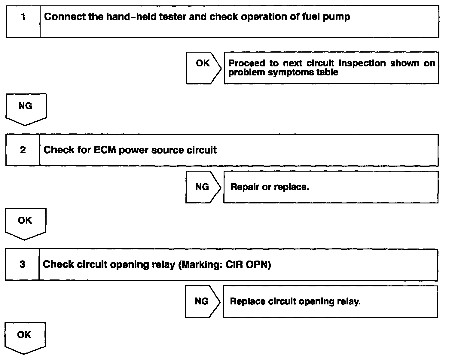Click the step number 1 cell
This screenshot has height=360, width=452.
pos(23,21)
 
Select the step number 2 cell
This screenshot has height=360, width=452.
pos(23,150)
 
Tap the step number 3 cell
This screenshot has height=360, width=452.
pos(22,264)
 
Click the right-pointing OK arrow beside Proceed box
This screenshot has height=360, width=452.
pos(203,68)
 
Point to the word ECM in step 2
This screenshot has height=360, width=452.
pos(105,150)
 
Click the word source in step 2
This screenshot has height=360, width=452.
pos(168,150)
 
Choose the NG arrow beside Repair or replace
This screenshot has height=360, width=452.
pos(203,187)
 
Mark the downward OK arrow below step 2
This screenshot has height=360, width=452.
pos(25,223)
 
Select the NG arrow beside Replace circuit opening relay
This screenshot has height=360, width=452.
pos(202,301)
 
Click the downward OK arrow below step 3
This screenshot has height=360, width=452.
pos(25,337)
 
